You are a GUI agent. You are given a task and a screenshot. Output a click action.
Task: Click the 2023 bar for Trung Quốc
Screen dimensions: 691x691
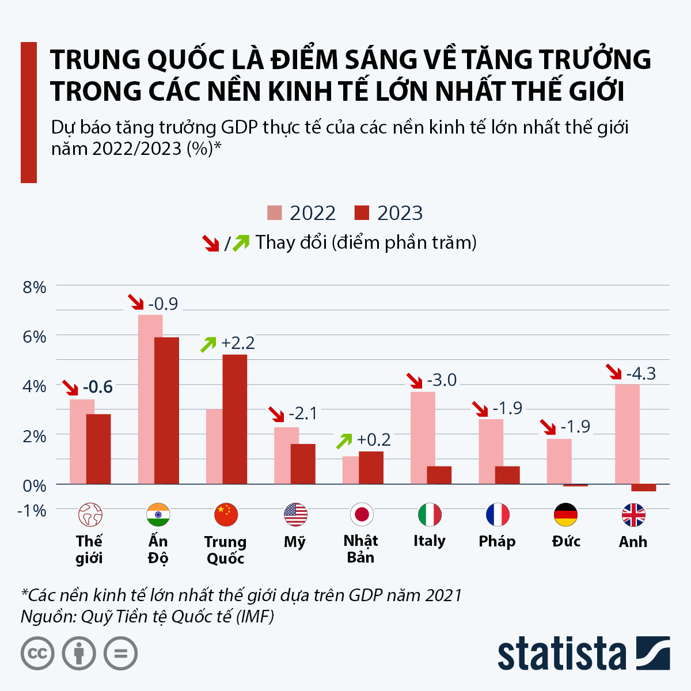click(x=235, y=419)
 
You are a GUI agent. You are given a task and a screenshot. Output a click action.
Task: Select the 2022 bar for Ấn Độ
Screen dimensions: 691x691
click(x=150, y=398)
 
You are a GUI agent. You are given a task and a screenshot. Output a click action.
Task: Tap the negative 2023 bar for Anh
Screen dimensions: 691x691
click(x=643, y=488)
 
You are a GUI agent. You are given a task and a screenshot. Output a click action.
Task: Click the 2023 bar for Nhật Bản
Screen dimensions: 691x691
click(x=371, y=468)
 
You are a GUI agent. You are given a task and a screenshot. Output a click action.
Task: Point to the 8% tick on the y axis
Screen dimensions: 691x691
click(x=35, y=287)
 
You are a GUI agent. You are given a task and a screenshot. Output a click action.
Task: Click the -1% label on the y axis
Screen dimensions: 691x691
click(x=32, y=510)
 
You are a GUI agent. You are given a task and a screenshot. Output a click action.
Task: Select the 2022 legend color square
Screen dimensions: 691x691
click(x=275, y=213)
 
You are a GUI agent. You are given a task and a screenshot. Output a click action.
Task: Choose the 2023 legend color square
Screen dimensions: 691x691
click(x=362, y=213)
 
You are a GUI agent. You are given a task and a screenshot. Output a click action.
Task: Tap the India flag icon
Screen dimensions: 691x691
click(x=158, y=514)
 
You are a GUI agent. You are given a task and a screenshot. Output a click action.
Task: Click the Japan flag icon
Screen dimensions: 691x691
click(x=362, y=514)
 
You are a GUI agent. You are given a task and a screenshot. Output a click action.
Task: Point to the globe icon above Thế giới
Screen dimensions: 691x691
click(x=90, y=514)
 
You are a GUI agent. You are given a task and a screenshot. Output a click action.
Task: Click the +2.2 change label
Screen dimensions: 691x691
click(x=238, y=343)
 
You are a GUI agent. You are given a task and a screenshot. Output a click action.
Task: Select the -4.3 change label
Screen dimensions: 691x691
click(x=641, y=374)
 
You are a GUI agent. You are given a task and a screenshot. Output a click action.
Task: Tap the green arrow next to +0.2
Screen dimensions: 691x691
click(x=344, y=441)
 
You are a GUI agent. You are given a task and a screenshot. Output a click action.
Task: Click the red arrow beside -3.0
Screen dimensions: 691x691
click(x=414, y=381)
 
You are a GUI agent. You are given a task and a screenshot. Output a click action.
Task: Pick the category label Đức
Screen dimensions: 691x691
click(x=566, y=541)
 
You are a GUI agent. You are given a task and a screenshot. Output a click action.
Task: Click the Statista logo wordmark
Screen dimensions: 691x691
click(x=561, y=654)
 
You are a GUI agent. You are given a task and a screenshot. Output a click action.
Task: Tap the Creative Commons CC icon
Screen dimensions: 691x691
click(x=37, y=654)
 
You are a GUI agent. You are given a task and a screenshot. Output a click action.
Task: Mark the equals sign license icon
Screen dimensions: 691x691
click(x=120, y=654)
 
